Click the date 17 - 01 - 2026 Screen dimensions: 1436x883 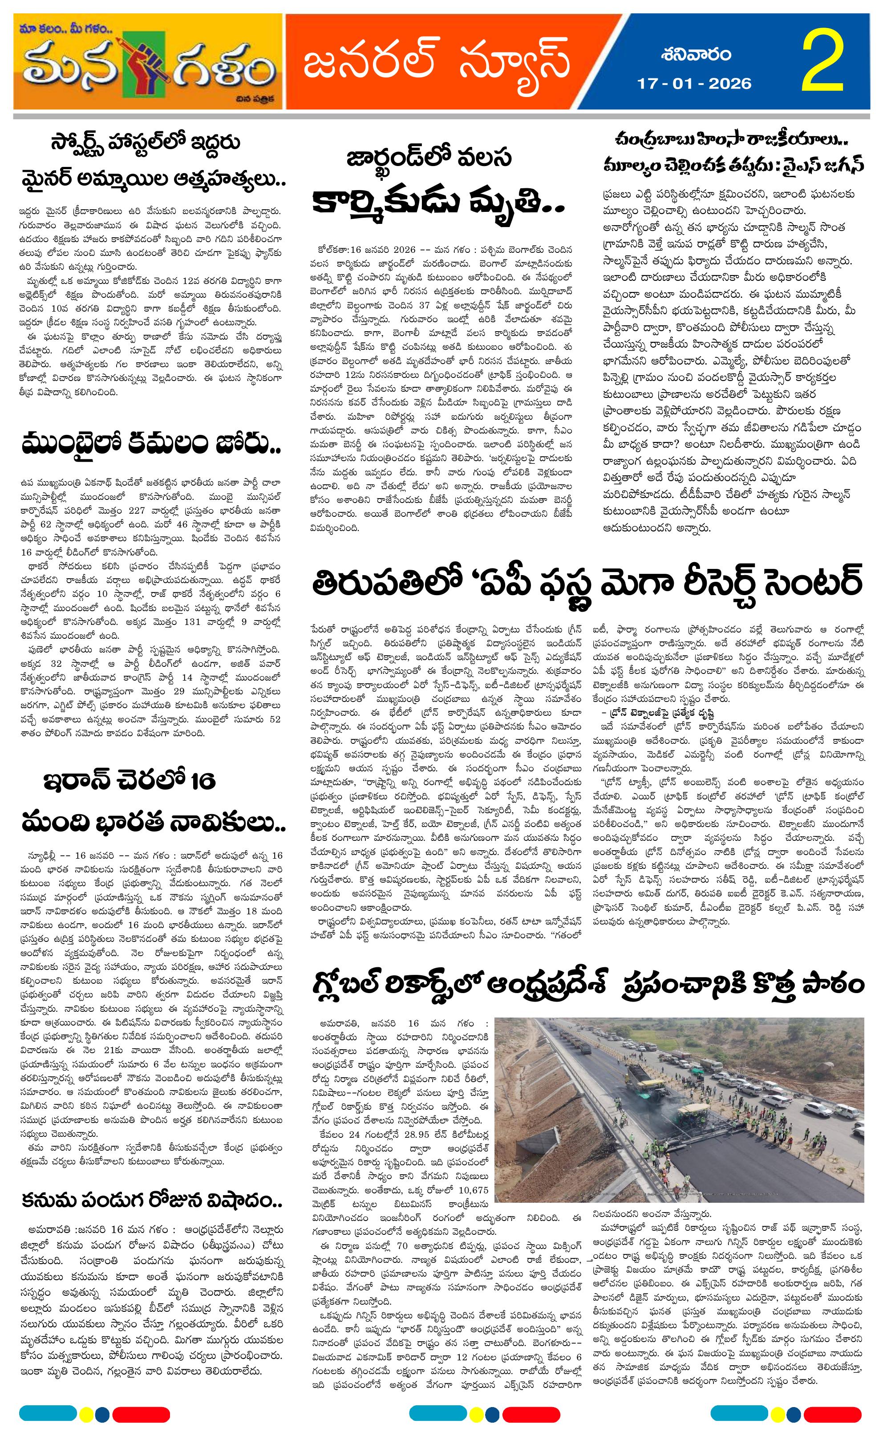click(x=694, y=84)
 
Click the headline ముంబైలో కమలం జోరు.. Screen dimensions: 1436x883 click(x=151, y=446)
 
